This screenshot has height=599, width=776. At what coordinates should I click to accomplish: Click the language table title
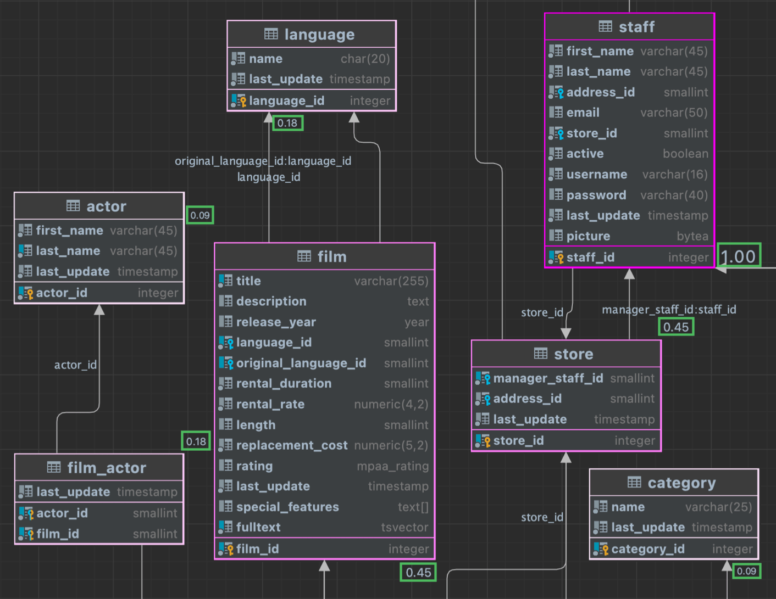point(319,35)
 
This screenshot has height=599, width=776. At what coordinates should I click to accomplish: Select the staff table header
point(629,27)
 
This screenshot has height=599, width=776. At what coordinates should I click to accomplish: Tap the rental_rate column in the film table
point(270,404)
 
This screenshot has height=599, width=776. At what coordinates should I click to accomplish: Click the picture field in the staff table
point(588,236)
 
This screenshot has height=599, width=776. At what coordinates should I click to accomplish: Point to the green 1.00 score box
point(739,256)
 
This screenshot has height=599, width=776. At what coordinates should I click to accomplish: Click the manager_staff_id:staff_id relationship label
point(669,310)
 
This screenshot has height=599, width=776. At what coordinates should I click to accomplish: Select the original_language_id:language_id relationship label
point(263,161)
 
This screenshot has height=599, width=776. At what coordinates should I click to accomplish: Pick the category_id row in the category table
point(647,549)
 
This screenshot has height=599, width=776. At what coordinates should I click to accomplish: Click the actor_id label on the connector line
point(75,365)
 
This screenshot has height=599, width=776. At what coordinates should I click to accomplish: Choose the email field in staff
point(583,113)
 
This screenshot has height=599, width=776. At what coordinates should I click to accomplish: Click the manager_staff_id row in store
point(547,378)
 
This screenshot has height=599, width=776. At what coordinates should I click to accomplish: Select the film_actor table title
point(106,468)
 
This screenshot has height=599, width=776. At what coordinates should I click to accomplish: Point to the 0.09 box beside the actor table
point(200,215)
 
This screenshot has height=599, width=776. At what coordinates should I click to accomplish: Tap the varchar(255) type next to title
point(391,281)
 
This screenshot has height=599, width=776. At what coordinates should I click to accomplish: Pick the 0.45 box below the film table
point(418,572)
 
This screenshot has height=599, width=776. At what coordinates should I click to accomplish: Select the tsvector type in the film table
point(404,528)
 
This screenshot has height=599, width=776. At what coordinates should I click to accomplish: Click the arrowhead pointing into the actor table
point(99,310)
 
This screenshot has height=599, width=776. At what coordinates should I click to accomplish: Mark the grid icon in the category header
point(634,483)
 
